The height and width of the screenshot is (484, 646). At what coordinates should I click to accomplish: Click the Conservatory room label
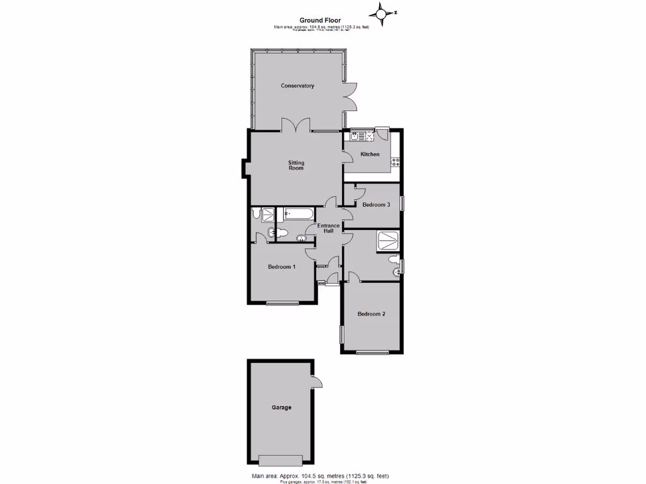click(x=297, y=86)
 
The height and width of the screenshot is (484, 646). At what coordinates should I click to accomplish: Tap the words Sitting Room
click(x=296, y=165)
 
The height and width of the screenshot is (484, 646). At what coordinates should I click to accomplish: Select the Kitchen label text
click(x=370, y=154)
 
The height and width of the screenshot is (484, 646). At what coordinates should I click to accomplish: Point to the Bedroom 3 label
click(x=376, y=205)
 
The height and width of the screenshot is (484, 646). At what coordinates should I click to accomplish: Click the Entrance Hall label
click(x=328, y=228)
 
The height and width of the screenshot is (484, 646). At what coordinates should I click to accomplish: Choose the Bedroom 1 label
click(x=282, y=267)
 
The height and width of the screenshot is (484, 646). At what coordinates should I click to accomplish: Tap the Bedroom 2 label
click(x=371, y=314)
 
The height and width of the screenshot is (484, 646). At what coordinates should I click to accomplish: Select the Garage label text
click(x=281, y=408)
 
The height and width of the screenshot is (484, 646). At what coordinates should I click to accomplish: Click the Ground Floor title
click(x=320, y=20)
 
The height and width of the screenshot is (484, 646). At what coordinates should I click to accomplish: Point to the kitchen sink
click(x=355, y=135)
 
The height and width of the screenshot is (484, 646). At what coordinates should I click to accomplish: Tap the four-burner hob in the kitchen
click(x=396, y=162)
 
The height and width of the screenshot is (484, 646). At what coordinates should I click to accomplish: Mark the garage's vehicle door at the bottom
click(x=281, y=459)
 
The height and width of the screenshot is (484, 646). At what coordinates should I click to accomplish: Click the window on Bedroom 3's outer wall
click(x=402, y=204)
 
